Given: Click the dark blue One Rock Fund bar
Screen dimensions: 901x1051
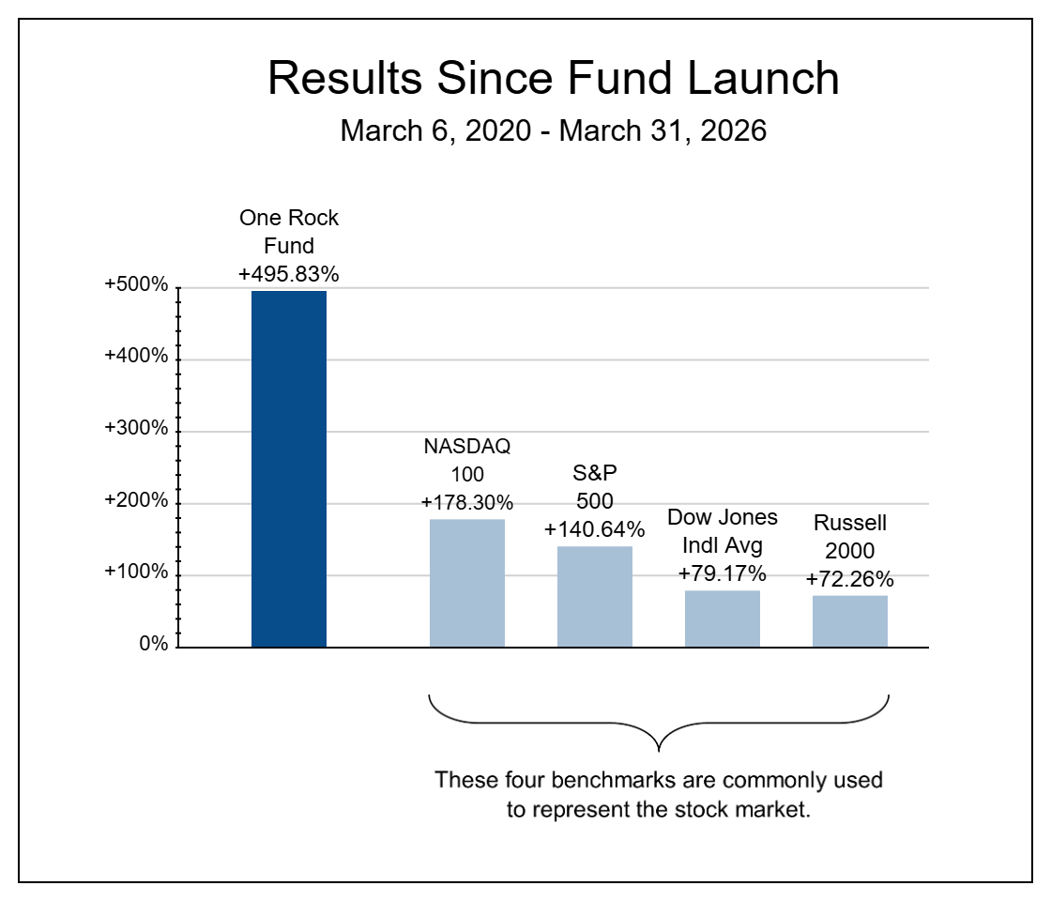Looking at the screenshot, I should (289, 469).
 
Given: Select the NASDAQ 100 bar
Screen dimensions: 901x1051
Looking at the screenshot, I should (467, 584).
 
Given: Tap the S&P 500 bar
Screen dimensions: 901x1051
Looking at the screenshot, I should (595, 597).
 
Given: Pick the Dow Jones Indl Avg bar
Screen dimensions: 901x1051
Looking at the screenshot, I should (723, 619).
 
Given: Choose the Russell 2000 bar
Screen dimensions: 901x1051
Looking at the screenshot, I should (850, 621).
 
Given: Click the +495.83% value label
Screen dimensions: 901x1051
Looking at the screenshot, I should (288, 275).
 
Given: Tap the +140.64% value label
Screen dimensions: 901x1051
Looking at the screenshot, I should (595, 529).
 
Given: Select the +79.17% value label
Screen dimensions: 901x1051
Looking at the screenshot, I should (723, 573).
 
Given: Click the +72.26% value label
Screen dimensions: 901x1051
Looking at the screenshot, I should (850, 579).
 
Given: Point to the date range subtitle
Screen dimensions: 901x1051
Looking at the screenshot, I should (554, 130).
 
